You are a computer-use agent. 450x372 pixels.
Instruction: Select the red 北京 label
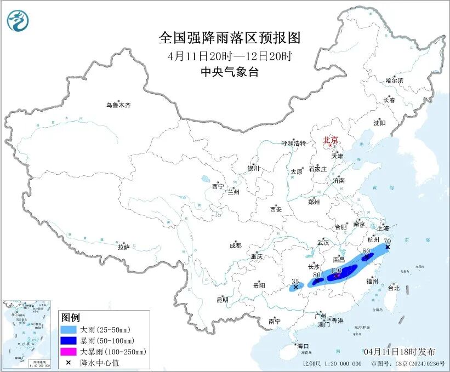331,140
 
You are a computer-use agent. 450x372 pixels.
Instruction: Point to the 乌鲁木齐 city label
119,105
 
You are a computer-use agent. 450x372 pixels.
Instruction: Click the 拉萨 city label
123,248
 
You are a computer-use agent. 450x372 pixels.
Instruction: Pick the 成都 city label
236,246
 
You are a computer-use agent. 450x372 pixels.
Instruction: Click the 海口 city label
303,346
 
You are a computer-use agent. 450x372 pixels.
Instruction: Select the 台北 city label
394,288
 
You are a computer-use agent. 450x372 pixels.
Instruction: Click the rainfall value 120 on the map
337,271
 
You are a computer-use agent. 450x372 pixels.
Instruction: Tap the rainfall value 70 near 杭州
387,241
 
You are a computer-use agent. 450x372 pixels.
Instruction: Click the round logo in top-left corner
18,20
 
